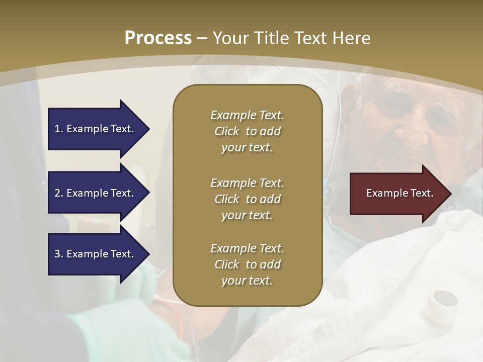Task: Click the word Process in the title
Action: coord(158,38)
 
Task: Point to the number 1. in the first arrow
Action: coord(59,129)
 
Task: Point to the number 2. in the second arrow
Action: coord(59,193)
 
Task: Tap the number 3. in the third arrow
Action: coord(59,254)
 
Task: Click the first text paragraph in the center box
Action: coord(247,131)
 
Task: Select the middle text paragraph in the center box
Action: coord(247,199)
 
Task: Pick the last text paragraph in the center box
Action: coord(247,264)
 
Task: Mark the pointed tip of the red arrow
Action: coord(450,194)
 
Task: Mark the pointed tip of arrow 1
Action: coord(148,129)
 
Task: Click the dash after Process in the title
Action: coord(202,38)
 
